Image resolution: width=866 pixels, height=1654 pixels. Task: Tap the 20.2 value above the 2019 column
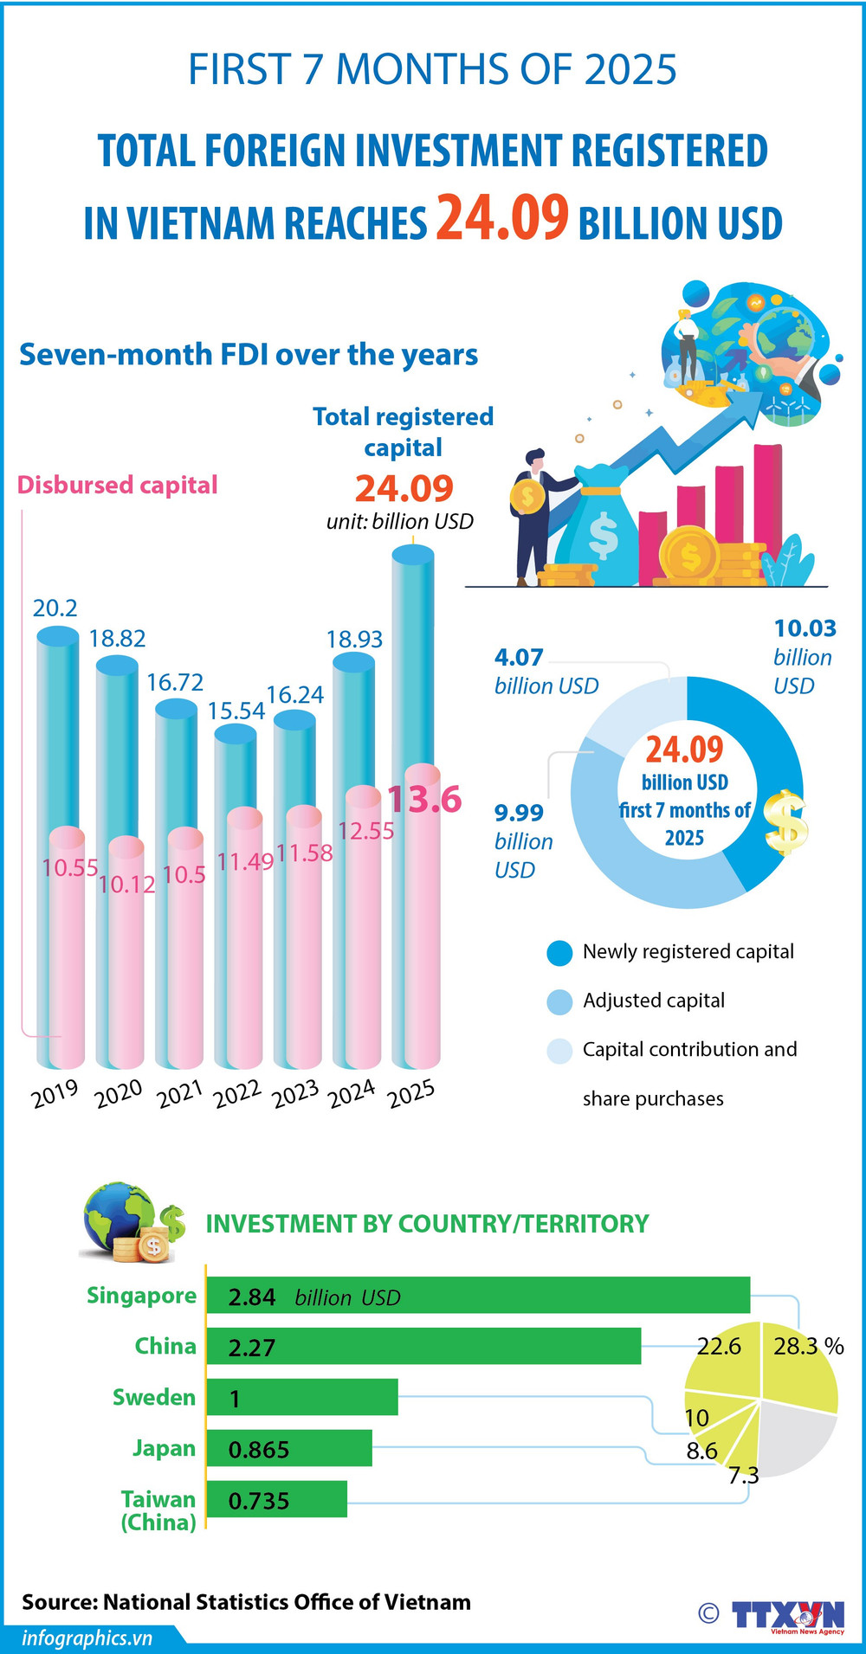coord(55,608)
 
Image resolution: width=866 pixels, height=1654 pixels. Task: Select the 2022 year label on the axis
coord(237,1094)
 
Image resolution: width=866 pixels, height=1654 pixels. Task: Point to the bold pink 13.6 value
coord(424,799)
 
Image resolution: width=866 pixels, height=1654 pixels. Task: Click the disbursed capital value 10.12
coord(126,885)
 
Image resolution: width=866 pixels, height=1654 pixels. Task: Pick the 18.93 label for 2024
coord(354,640)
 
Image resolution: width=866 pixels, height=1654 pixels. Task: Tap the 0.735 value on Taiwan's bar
coord(259,1501)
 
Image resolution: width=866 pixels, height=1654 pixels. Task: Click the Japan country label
coord(164,1448)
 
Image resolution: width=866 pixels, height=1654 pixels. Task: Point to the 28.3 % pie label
coord(807,1346)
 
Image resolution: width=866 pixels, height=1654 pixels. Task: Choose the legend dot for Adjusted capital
coord(559,1001)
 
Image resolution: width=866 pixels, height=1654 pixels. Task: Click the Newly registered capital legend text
coord(688,952)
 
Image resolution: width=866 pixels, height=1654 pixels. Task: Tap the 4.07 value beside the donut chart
coord(519,658)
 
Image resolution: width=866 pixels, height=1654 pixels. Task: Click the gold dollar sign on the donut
coord(786,822)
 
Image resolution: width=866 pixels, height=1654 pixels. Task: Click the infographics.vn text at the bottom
coord(87,1638)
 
